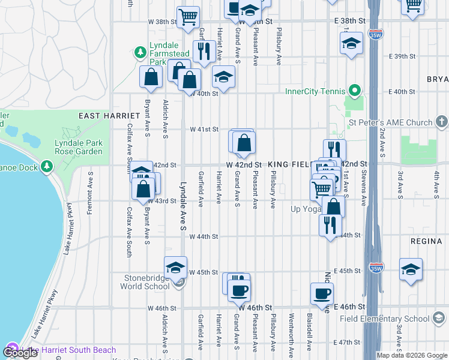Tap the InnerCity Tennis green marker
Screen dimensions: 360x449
click(355, 91)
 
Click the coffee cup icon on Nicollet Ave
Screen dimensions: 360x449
click(322, 293)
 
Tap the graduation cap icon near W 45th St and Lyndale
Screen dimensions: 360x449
click(175, 267)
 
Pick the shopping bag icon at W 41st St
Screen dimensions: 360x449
click(244, 143)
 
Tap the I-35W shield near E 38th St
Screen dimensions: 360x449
click(376, 34)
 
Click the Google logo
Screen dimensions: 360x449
click(21, 353)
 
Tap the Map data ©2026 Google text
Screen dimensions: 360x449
click(410, 355)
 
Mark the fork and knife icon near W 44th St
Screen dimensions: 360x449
click(330, 226)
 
